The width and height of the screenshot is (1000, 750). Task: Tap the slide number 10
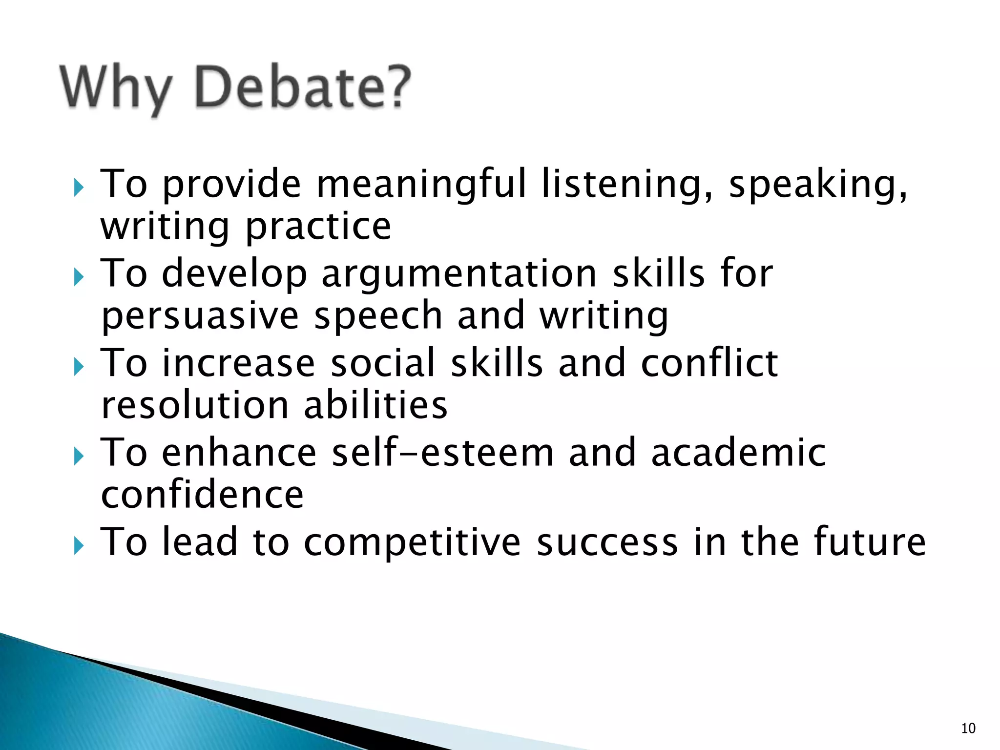(x=968, y=729)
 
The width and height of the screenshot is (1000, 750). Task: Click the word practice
(x=318, y=228)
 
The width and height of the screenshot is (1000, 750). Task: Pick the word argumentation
(x=459, y=273)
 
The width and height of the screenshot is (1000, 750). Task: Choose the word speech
(x=378, y=316)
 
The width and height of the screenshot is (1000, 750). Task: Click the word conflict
(x=709, y=363)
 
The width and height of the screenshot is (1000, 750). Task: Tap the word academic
(x=738, y=453)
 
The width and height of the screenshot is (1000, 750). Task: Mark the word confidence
(x=202, y=495)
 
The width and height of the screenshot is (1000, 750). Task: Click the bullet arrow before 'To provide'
(x=79, y=187)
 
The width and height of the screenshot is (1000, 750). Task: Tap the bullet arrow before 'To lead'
(x=79, y=545)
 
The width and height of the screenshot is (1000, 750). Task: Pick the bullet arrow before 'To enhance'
(x=79, y=457)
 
